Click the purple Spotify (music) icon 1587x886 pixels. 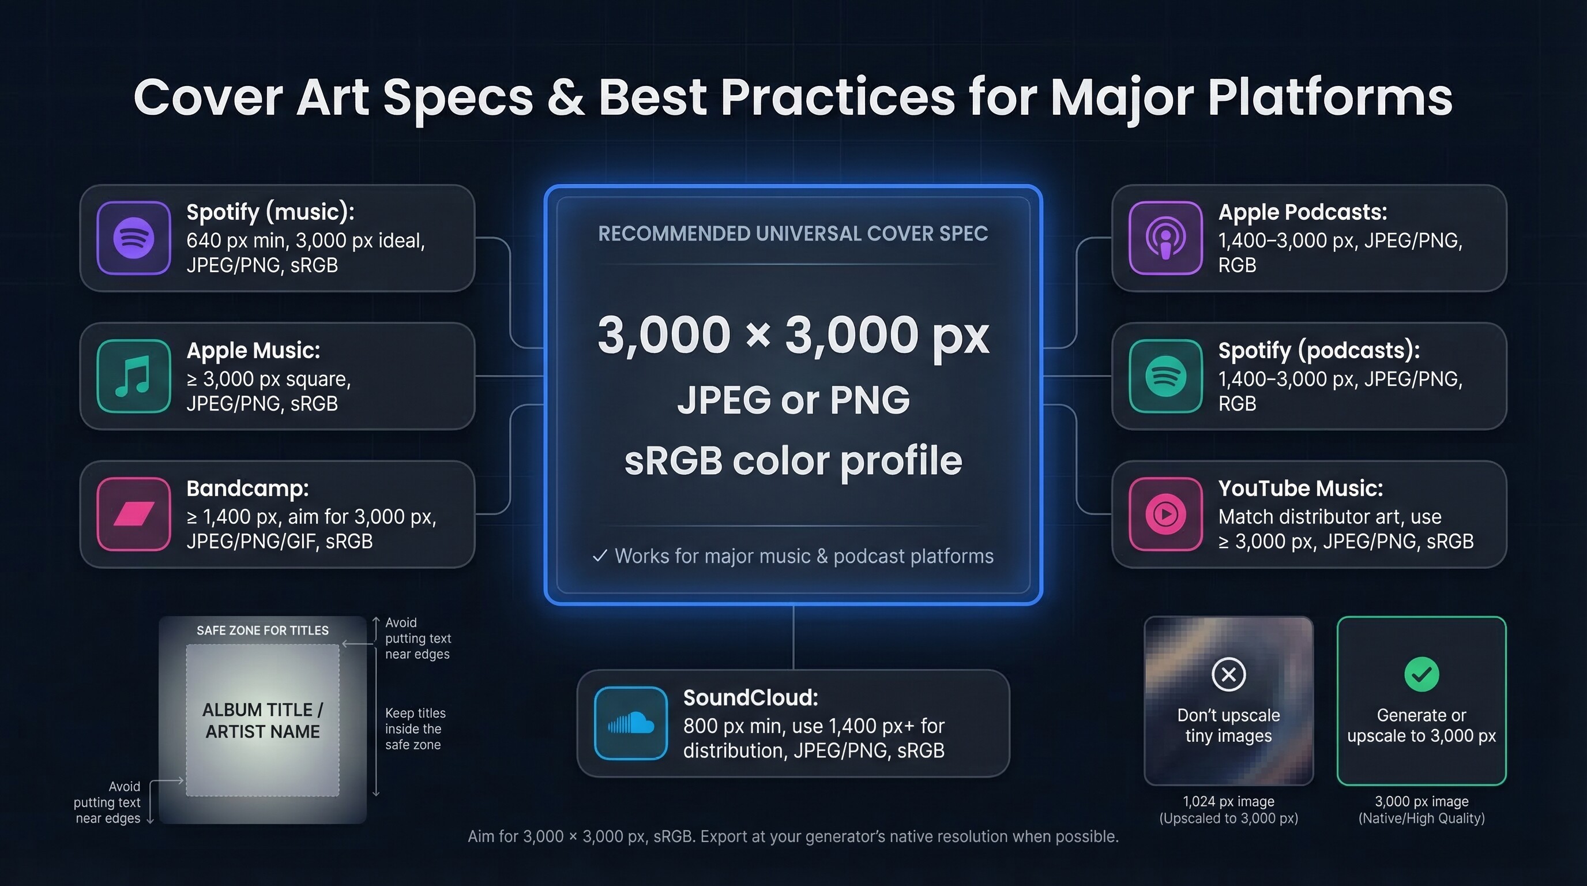pos(134,238)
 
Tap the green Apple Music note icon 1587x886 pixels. pos(134,376)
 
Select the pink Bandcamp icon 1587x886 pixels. pos(134,514)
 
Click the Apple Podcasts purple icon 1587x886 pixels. pos(1165,238)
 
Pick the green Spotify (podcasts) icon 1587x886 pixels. pos(1165,376)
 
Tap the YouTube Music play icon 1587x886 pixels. pos(1165,514)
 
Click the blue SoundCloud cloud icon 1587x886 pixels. pos(631,723)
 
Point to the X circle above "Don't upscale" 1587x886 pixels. pos(1228,675)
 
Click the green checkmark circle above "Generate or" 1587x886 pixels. pos(1421,675)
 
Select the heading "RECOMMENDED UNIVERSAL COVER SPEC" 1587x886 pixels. pos(793,234)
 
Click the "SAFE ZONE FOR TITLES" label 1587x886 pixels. pos(262,630)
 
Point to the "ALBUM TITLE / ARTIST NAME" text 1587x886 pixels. pos(262,721)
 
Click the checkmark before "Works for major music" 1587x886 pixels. pos(599,557)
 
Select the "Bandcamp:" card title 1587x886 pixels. pos(247,489)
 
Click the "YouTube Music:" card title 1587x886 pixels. pos(1300,489)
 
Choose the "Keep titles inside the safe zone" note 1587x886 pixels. pos(415,729)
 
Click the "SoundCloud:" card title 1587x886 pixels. pos(750,698)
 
